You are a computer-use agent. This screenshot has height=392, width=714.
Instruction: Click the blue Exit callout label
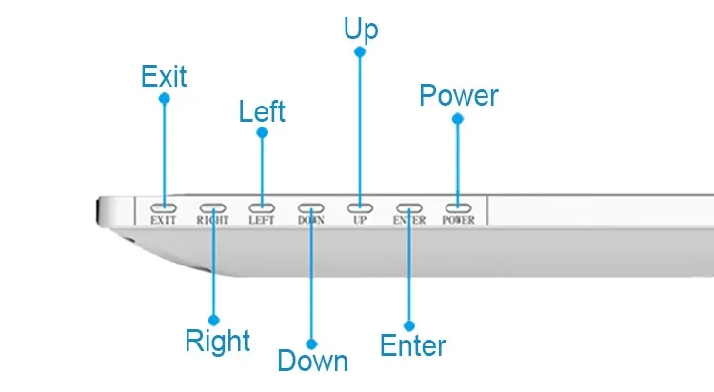tap(164, 75)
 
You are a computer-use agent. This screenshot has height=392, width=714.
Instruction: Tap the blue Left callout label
tap(262, 111)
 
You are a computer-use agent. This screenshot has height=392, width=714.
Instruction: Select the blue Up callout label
tap(361, 30)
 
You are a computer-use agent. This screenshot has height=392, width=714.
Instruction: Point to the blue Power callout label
tap(459, 95)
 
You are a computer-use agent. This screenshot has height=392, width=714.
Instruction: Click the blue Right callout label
tap(218, 341)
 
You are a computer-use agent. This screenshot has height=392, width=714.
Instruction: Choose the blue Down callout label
tap(313, 361)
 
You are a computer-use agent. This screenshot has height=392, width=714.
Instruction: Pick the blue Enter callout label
tap(413, 345)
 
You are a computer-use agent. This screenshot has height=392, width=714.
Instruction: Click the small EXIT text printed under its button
tap(164, 220)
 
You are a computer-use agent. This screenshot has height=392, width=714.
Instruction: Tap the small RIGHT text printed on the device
tap(212, 220)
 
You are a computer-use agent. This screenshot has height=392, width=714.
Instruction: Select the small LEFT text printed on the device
tap(262, 220)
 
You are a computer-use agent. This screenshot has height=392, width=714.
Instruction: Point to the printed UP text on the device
tap(360, 220)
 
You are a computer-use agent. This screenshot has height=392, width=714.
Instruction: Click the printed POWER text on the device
tap(459, 220)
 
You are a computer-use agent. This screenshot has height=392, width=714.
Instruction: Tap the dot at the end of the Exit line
tap(165, 98)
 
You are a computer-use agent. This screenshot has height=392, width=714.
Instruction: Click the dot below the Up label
tap(360, 52)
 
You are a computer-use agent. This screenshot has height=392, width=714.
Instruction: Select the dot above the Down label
tap(311, 343)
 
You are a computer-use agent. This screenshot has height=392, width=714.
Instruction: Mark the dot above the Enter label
tap(409, 326)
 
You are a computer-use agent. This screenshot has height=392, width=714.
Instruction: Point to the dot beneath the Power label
tap(458, 119)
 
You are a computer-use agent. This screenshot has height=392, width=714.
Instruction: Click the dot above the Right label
tap(213, 320)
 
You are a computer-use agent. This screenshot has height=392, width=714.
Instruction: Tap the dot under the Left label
tap(262, 132)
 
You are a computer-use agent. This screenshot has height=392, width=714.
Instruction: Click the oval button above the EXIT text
tap(164, 208)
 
